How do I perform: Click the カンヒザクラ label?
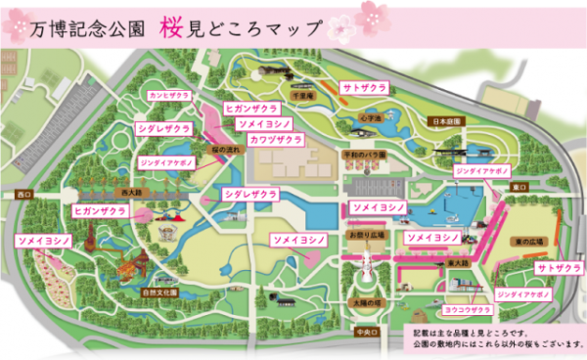(x=169, y=96)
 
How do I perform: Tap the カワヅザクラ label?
(x=275, y=141)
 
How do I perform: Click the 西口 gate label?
(x=23, y=196)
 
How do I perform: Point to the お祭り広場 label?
(x=361, y=236)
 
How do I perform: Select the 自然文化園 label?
(x=158, y=292)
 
